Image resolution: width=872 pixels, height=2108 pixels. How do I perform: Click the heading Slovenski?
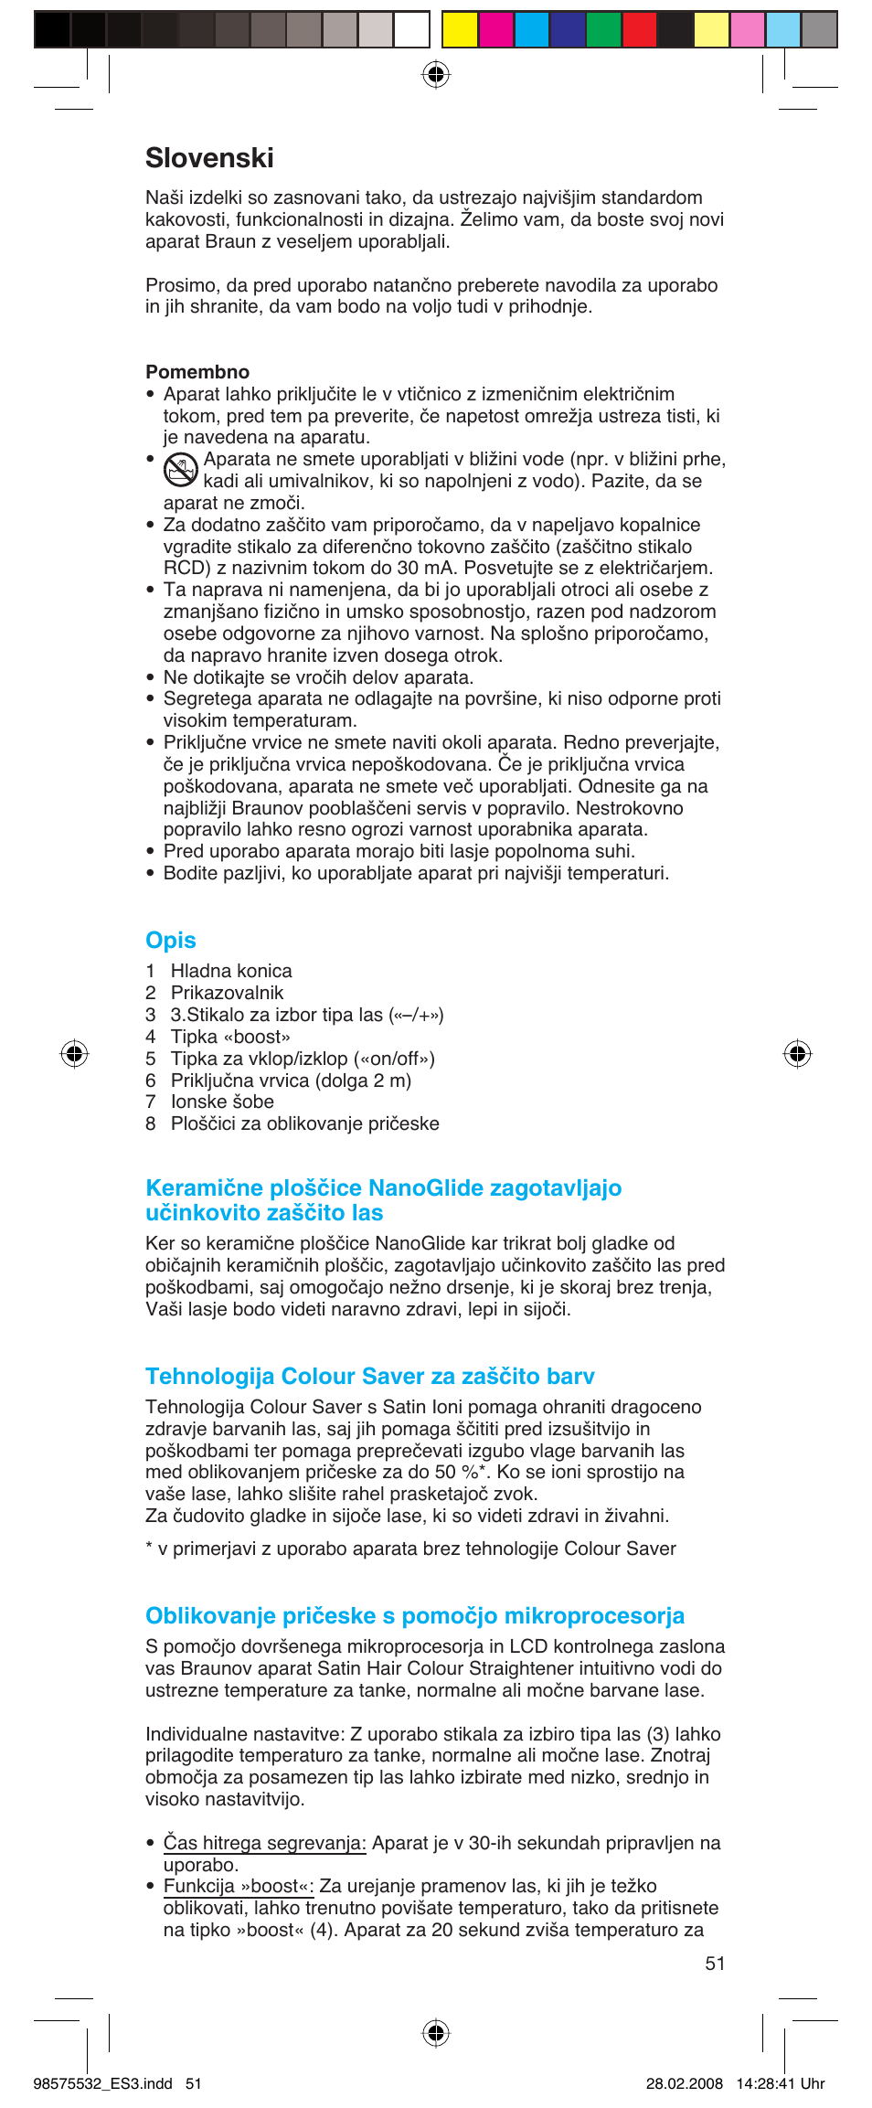pyautogui.click(x=209, y=158)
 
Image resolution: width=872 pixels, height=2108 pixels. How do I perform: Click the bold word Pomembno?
pyautogui.click(x=197, y=372)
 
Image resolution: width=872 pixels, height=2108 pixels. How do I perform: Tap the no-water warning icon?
pyautogui.click(x=181, y=470)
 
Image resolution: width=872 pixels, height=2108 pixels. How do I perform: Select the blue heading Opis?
pyautogui.click(x=171, y=941)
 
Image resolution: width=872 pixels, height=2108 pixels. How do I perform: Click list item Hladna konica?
pyautogui.click(x=231, y=971)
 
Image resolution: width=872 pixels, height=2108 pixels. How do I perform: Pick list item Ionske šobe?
pyautogui.click(x=222, y=1102)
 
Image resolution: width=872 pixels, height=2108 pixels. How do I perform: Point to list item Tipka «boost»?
pyautogui.click(x=230, y=1037)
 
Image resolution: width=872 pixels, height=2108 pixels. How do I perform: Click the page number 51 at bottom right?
pyautogui.click(x=715, y=1964)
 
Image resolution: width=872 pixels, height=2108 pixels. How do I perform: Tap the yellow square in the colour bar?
pyautogui.click(x=460, y=30)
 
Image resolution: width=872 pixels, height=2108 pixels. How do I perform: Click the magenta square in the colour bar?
pyautogui.click(x=495, y=30)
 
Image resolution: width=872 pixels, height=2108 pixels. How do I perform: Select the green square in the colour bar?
pyautogui.click(x=603, y=30)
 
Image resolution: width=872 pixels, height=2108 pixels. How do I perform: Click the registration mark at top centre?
pyautogui.click(x=436, y=74)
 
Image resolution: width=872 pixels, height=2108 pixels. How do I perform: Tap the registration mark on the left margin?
pyautogui.click(x=74, y=1054)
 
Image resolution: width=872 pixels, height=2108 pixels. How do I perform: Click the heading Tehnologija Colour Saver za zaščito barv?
pyautogui.click(x=369, y=1377)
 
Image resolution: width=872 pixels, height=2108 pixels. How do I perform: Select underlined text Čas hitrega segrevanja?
pyautogui.click(x=264, y=1843)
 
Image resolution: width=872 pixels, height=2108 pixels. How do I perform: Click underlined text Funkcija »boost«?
pyautogui.click(x=238, y=1886)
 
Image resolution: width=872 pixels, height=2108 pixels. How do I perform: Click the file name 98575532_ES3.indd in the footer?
pyautogui.click(x=102, y=2083)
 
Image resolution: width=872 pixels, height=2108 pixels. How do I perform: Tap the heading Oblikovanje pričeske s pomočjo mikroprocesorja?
pyautogui.click(x=414, y=1616)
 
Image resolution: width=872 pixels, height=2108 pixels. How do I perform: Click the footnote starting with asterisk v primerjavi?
pyautogui.click(x=410, y=1549)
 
